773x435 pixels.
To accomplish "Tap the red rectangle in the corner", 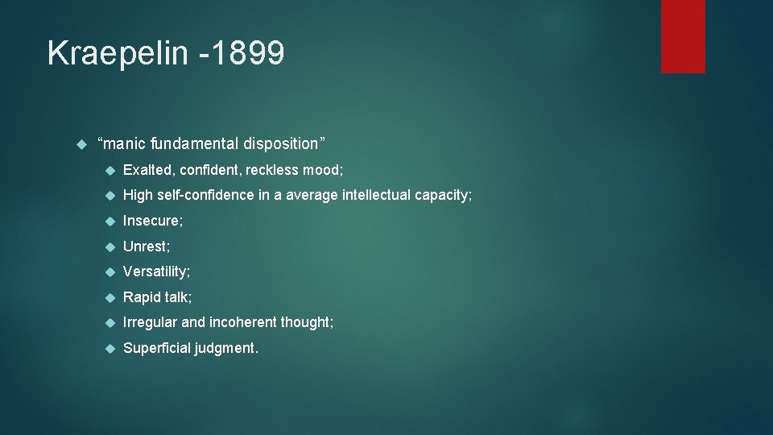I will click(x=683, y=36).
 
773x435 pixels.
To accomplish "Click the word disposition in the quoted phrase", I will click(x=283, y=143).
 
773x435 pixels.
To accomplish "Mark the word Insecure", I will click(x=152, y=221).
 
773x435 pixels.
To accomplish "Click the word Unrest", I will click(x=145, y=246).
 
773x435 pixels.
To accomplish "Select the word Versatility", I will click(x=155, y=271).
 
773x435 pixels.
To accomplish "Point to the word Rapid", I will click(x=143, y=297).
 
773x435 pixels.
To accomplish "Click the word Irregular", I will click(x=150, y=322).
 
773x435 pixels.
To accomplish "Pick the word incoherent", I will click(x=242, y=322).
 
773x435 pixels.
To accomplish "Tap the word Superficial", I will click(x=156, y=348).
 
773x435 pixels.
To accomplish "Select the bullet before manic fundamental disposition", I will click(x=80, y=144).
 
